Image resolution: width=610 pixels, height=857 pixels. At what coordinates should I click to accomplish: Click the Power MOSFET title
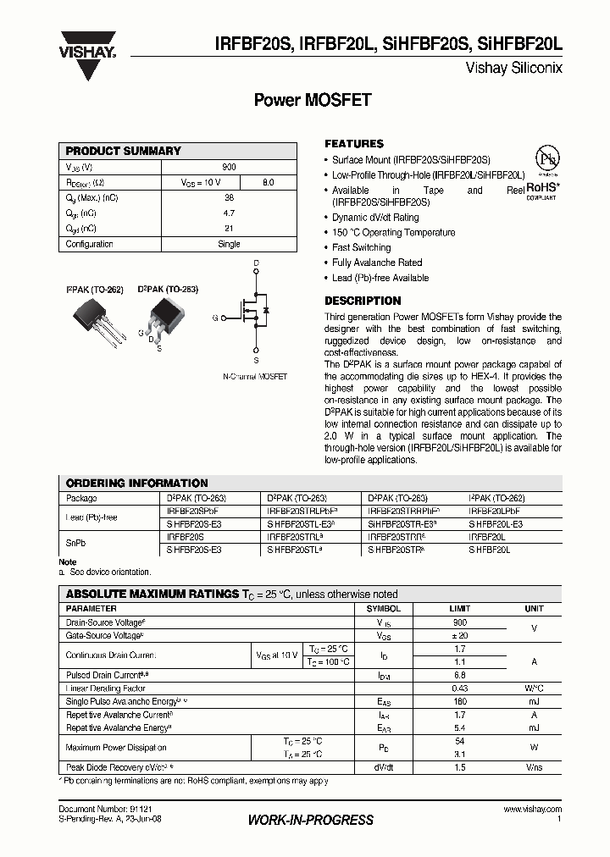pyautogui.click(x=313, y=100)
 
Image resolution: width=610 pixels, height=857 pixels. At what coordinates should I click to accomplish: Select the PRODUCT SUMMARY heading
pyautogui.click(x=123, y=151)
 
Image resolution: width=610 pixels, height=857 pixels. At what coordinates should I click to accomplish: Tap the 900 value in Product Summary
pyautogui.click(x=229, y=168)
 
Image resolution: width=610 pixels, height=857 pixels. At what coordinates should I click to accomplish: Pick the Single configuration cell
pyautogui.click(x=229, y=244)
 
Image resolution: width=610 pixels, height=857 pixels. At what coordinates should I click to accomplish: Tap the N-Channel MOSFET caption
pyautogui.click(x=255, y=376)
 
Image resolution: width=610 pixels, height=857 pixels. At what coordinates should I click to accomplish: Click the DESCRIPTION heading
pyautogui.click(x=363, y=301)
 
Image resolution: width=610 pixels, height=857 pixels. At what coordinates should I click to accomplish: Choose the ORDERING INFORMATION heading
pyautogui.click(x=136, y=483)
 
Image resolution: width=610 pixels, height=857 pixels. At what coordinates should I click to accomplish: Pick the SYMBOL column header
pyautogui.click(x=383, y=609)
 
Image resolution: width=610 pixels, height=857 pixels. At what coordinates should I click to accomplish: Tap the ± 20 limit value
pyautogui.click(x=459, y=635)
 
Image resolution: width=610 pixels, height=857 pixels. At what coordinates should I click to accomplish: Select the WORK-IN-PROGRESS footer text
pyautogui.click(x=311, y=820)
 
